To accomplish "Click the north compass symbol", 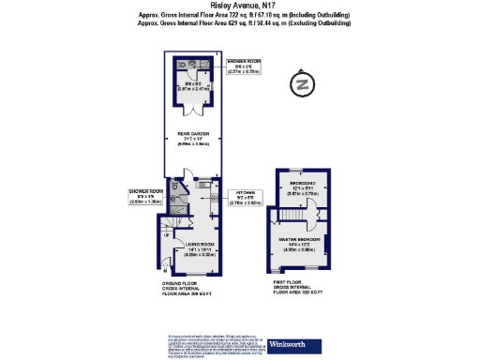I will pos(302,84).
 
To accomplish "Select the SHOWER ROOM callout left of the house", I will pos(146,194).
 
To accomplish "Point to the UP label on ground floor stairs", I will pos(166,237).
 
